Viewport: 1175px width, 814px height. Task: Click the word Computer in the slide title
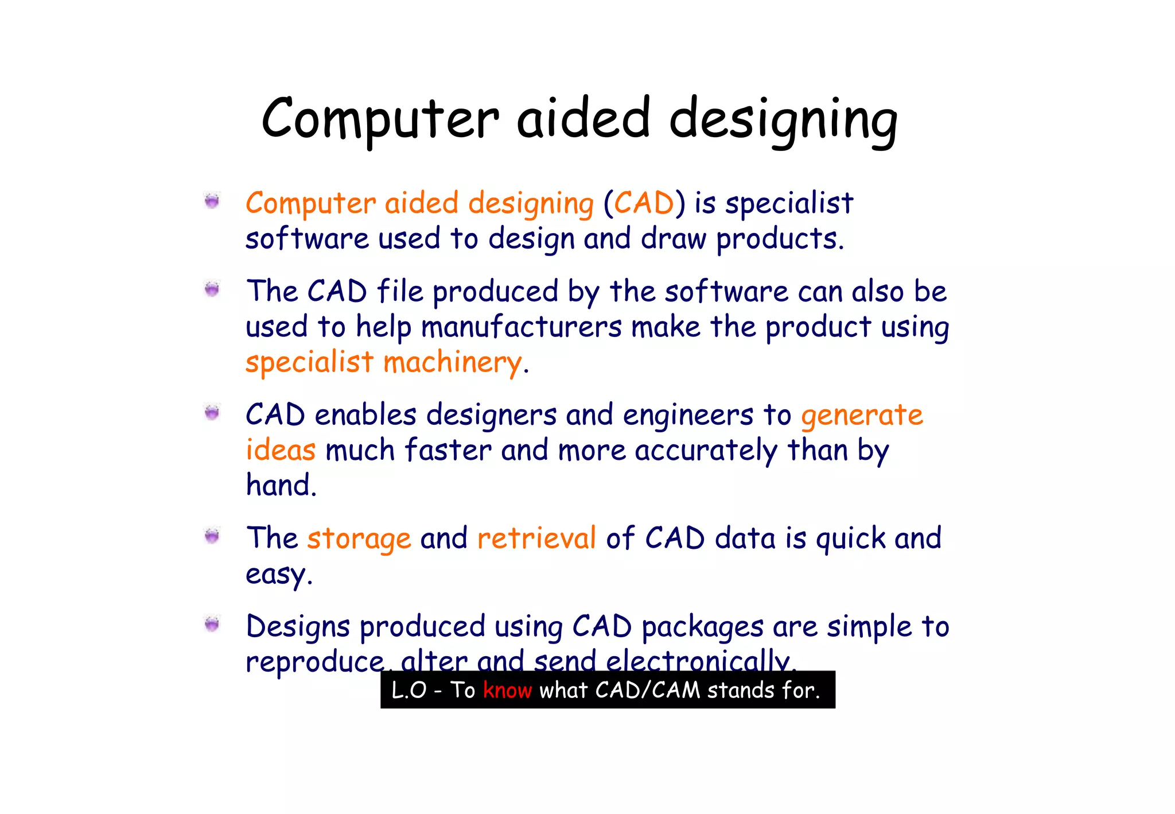(x=380, y=119)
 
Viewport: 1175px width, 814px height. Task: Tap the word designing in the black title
(x=783, y=121)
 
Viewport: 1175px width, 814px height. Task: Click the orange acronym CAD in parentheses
(x=644, y=203)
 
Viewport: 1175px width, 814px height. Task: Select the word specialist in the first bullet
(x=789, y=203)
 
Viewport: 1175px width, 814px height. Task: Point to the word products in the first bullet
(x=780, y=239)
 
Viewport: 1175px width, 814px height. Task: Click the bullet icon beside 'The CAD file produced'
(x=212, y=289)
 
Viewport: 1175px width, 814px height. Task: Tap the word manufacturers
(x=521, y=327)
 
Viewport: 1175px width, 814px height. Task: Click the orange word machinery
(x=453, y=363)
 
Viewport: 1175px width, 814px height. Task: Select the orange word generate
(x=862, y=415)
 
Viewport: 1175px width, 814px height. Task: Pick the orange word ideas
(x=281, y=450)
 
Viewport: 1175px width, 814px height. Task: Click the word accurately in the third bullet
(x=706, y=450)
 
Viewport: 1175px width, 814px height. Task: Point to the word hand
(x=281, y=485)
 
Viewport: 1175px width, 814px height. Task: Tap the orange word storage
(x=359, y=539)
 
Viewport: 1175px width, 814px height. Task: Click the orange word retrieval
(x=536, y=538)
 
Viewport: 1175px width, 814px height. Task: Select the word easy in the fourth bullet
(x=278, y=574)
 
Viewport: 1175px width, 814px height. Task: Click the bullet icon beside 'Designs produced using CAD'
(x=212, y=624)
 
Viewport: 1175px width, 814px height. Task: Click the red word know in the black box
(x=507, y=690)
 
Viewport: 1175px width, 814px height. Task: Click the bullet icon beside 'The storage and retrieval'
(x=212, y=536)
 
